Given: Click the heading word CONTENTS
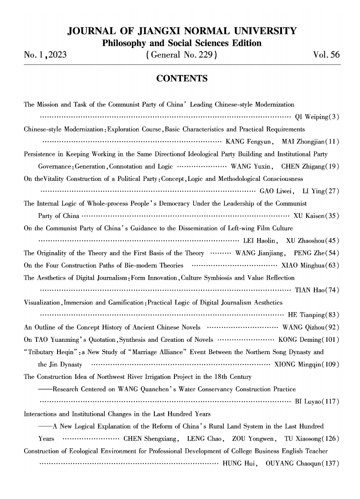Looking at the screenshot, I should (181, 79).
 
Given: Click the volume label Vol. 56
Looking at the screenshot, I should (326, 56).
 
